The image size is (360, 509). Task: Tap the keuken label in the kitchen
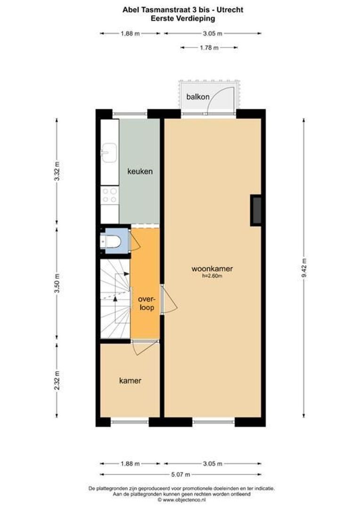[140, 172]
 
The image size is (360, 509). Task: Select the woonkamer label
[212, 269]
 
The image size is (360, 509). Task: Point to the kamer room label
[130, 380]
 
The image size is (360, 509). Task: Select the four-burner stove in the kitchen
[110, 196]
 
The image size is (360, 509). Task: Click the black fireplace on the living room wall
[256, 210]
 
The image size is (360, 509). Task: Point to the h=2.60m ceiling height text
[213, 276]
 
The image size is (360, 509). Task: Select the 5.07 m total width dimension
[180, 475]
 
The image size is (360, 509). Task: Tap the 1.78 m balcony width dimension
[209, 47]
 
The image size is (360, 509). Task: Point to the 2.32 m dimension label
[57, 380]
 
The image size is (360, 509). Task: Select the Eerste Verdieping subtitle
[183, 18]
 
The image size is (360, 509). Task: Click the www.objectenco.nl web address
[184, 499]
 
